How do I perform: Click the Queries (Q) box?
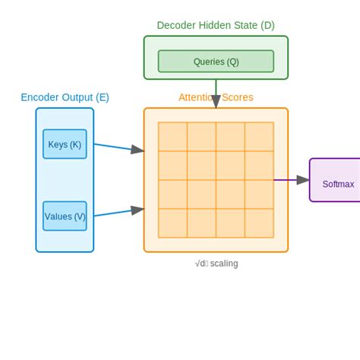[216, 62]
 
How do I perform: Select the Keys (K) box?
[65, 144]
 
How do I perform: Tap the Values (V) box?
[65, 216]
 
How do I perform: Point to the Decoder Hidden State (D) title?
[216, 25]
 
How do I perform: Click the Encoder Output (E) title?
[65, 97]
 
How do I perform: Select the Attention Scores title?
[216, 97]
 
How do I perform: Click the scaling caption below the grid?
[216, 264]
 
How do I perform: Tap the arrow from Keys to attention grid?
[118, 148]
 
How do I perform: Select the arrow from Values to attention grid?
[118, 212]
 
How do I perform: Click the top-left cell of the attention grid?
[172, 137]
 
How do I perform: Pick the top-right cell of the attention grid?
[259, 137]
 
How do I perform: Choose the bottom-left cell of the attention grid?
[172, 223]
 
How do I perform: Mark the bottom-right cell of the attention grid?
[259, 223]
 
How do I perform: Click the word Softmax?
[338, 184]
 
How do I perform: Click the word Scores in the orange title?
[237, 97]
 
